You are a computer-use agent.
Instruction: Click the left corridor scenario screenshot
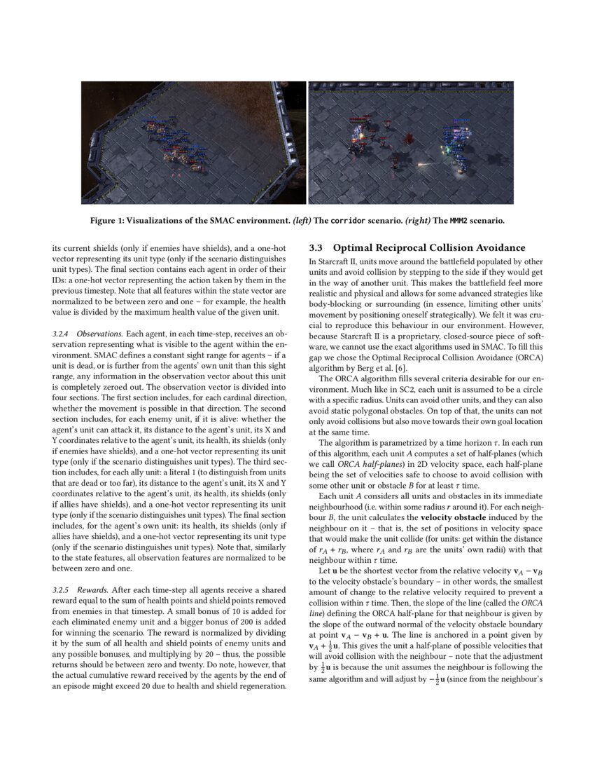[193, 142]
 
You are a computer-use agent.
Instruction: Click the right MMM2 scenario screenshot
[411, 142]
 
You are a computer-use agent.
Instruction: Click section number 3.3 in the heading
[316, 248]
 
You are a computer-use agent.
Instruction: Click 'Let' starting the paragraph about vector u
[325, 571]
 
